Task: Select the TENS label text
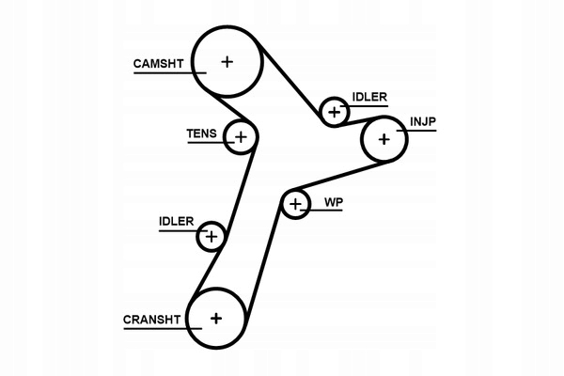point(201,134)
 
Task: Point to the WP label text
point(334,202)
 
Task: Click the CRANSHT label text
point(150,320)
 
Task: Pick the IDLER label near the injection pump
point(369,96)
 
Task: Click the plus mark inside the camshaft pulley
point(227,62)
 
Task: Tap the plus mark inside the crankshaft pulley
point(216,319)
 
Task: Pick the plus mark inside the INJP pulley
point(384,140)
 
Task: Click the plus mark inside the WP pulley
point(296,203)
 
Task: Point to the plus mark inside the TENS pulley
point(241,138)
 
